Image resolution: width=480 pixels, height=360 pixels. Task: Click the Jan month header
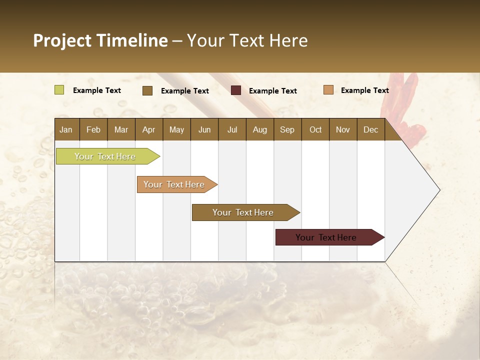(x=66, y=129)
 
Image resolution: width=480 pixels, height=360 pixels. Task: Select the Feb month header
(x=93, y=129)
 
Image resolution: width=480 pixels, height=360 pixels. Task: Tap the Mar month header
(x=121, y=129)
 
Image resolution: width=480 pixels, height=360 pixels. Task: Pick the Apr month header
(x=149, y=129)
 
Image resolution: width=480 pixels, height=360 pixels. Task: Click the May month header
(x=176, y=129)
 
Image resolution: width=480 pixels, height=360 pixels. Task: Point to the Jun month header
(x=204, y=129)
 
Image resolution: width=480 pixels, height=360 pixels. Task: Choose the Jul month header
(x=232, y=129)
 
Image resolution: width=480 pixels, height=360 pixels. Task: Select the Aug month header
(x=260, y=129)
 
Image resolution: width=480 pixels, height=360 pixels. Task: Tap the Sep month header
(x=287, y=129)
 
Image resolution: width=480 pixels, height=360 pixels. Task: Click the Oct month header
(x=315, y=129)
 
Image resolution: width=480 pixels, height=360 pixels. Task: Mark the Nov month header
(x=343, y=129)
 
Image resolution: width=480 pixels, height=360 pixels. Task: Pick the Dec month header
(x=371, y=129)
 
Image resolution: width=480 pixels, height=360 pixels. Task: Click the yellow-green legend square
(x=59, y=90)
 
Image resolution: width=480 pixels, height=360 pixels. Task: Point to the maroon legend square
(x=236, y=90)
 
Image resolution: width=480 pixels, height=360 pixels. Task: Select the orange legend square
(x=328, y=90)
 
